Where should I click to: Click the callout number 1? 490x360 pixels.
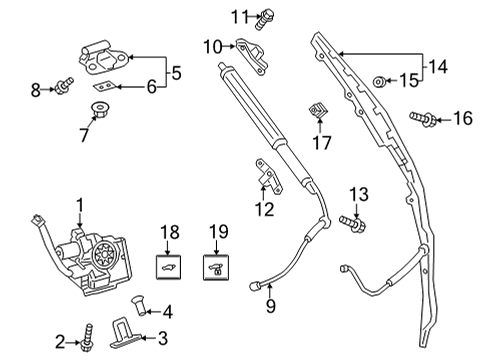coord(79,207)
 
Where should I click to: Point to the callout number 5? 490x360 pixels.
coord(175,72)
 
